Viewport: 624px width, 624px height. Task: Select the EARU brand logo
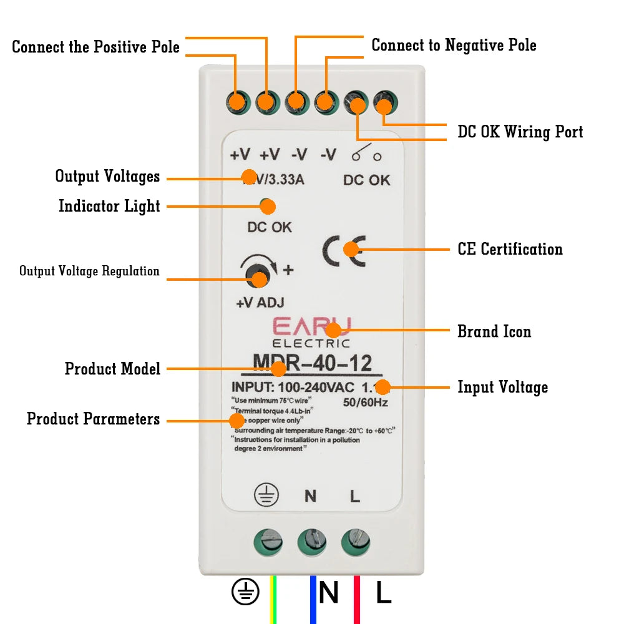pos(311,327)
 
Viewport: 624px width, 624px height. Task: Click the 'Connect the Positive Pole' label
pos(95,47)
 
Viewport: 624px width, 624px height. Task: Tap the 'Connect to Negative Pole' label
pos(454,45)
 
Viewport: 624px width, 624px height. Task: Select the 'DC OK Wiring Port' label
pos(520,132)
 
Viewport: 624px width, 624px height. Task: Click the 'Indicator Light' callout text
pos(109,206)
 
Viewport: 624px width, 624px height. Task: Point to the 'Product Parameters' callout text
pos(93,419)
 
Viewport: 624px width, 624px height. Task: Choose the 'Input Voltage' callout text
pos(502,387)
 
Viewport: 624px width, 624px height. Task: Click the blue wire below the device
pos(313,599)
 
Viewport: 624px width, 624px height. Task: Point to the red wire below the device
pos(357,599)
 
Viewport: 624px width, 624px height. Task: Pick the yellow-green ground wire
pos(273,599)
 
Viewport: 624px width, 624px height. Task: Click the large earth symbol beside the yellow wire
pos(245,592)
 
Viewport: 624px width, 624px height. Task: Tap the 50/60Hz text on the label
pos(366,402)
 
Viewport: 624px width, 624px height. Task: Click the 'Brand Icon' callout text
pos(494,331)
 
